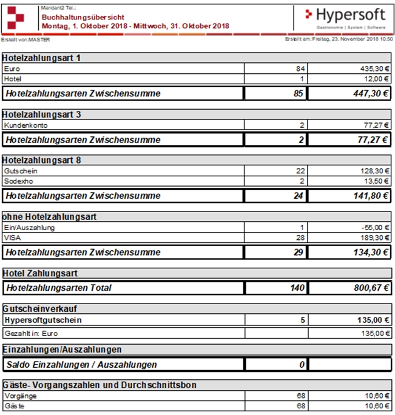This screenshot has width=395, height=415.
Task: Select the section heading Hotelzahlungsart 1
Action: click(x=42, y=58)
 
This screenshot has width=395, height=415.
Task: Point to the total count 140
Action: click(x=297, y=288)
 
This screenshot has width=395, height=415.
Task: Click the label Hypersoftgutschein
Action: click(x=42, y=319)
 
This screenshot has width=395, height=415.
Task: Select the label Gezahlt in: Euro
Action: click(x=30, y=333)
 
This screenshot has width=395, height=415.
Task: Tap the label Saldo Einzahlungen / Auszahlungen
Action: click(x=81, y=365)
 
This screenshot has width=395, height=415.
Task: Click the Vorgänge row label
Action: click(x=19, y=396)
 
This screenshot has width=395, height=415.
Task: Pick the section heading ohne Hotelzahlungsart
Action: click(x=49, y=216)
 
